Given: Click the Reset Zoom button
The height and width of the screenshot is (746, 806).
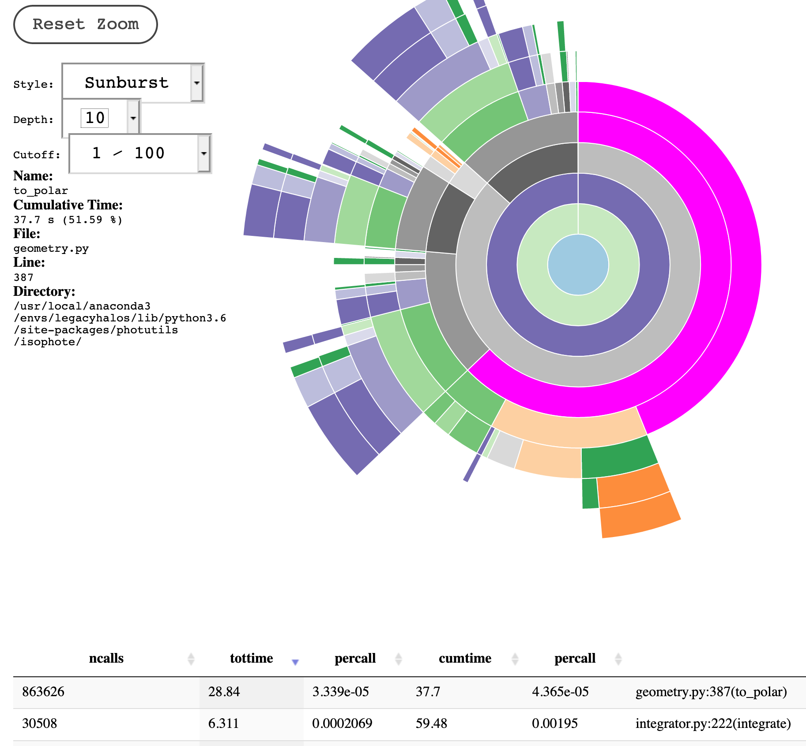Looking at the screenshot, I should (85, 24).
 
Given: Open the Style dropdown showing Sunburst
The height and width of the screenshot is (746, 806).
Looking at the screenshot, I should (132, 83).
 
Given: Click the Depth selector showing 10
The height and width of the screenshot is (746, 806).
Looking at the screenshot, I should (101, 118).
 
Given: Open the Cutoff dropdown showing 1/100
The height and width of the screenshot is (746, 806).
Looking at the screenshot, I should (140, 153).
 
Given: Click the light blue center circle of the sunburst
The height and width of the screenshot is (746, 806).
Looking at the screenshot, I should (578, 265).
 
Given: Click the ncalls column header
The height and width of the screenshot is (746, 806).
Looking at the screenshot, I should (106, 658).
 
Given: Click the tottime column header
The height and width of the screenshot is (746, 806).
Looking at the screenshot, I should (251, 658).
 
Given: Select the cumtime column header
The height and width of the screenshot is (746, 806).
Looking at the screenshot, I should (465, 658).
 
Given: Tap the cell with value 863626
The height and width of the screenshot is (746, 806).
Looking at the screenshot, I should (43, 691).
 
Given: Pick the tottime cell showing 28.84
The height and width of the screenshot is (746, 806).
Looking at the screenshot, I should (224, 691).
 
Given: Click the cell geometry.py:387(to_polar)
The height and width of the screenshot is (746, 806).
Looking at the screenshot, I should (711, 691).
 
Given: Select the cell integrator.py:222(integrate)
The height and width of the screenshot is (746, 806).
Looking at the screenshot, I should (713, 723).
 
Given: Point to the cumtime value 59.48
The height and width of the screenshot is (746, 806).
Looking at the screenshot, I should (431, 723).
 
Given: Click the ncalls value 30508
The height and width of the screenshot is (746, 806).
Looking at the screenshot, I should (40, 723).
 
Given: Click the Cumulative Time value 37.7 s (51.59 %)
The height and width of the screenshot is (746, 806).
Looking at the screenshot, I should (68, 220).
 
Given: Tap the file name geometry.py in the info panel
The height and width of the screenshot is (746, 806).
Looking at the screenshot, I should (51, 249).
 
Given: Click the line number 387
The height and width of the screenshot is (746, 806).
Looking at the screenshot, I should (23, 277).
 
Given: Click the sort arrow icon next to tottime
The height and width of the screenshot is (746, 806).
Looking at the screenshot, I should (295, 661).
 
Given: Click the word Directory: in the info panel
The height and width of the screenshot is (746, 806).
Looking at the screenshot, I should (44, 291).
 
